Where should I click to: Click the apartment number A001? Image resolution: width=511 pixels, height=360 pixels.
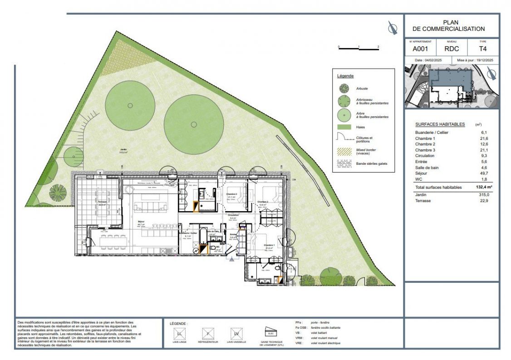tap(420, 49)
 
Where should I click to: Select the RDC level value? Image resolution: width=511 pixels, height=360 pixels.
tap(451, 49)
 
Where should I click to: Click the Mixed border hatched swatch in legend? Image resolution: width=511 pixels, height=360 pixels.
tap(344, 151)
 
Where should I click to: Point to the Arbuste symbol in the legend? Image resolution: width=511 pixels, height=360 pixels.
tap(344, 88)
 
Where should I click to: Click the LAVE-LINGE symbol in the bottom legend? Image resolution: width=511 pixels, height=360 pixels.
tap(180, 334)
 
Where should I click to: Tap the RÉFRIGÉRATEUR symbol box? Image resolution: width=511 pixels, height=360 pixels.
tap(208, 334)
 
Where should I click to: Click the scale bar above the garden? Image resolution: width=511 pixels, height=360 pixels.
tap(358, 48)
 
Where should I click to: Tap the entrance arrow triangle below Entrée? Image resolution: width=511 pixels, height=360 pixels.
tap(232, 260)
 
